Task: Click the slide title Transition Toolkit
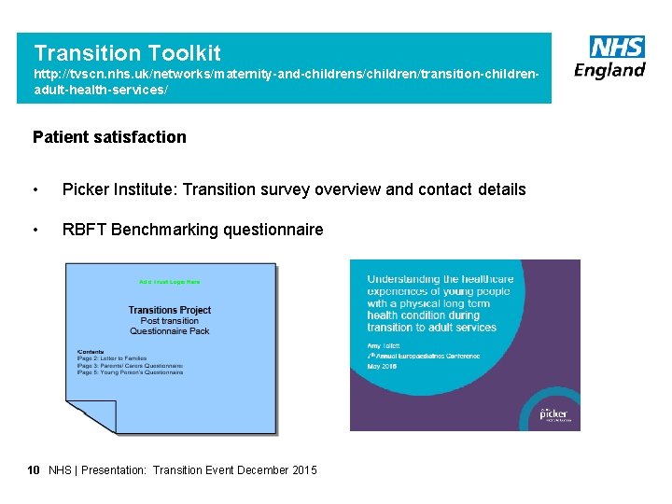click(x=127, y=53)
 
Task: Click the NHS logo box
click(x=616, y=47)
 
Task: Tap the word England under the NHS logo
click(x=609, y=70)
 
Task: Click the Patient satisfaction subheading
click(x=109, y=137)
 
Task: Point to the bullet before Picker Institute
click(x=35, y=189)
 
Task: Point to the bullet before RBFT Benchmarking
click(x=35, y=230)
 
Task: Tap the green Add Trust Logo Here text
click(x=169, y=281)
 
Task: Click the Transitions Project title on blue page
click(x=170, y=310)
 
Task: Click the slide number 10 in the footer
click(x=34, y=470)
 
